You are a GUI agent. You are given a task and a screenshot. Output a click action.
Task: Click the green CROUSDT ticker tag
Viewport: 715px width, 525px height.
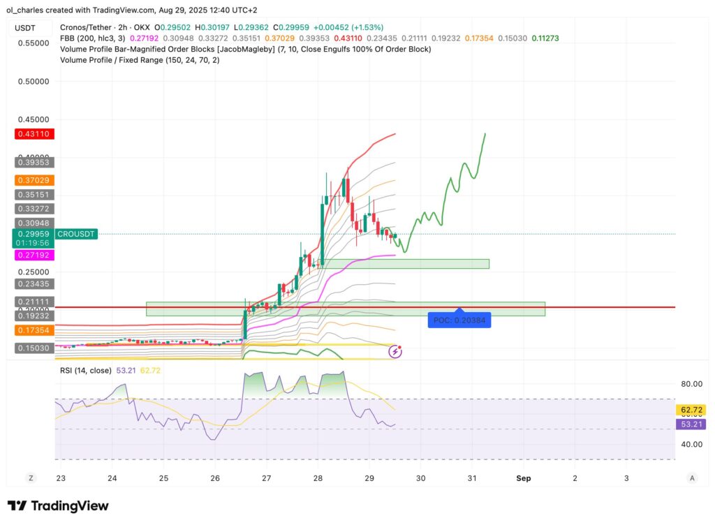point(77,234)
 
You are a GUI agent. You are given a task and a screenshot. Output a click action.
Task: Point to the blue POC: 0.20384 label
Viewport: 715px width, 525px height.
point(459,320)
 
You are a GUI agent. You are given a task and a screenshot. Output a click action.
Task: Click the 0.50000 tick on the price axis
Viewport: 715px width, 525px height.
point(34,81)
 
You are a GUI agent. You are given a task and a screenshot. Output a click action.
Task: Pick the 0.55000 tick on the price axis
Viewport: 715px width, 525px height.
point(34,43)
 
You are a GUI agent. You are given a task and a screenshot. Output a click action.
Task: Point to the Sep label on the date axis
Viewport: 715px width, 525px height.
point(524,478)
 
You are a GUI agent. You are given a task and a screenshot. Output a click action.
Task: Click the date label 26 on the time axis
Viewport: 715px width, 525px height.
point(215,478)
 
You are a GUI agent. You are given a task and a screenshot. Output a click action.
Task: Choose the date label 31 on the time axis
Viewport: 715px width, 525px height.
point(472,478)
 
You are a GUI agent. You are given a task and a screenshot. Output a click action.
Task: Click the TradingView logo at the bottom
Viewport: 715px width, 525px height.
point(59,505)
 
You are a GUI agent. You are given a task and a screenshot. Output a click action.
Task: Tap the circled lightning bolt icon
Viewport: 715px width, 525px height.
point(395,351)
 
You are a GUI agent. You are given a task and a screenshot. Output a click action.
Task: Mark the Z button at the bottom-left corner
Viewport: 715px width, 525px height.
point(31,478)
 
